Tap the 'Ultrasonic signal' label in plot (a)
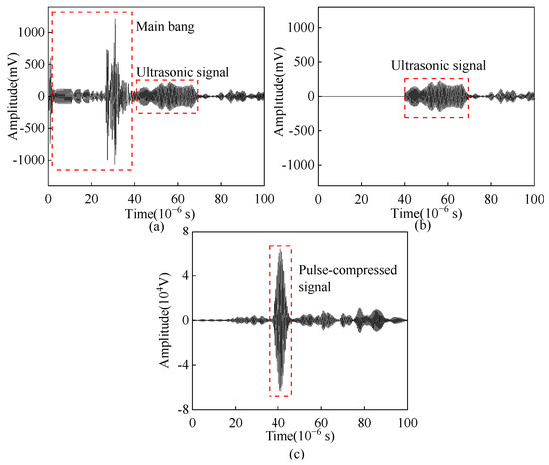click(182, 72)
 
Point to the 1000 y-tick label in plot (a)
click(32, 32)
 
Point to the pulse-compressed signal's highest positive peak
click(281, 250)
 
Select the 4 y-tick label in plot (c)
click(183, 276)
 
